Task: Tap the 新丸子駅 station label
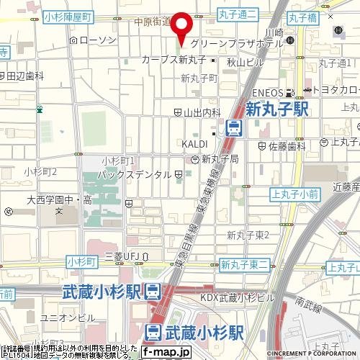pos(276,109)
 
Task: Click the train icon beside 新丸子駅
pos(233,128)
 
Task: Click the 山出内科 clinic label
pos(201,112)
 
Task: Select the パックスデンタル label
pos(138,174)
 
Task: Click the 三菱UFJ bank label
pos(122,256)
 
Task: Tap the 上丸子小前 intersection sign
pos(295,194)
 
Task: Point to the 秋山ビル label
pos(241,62)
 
